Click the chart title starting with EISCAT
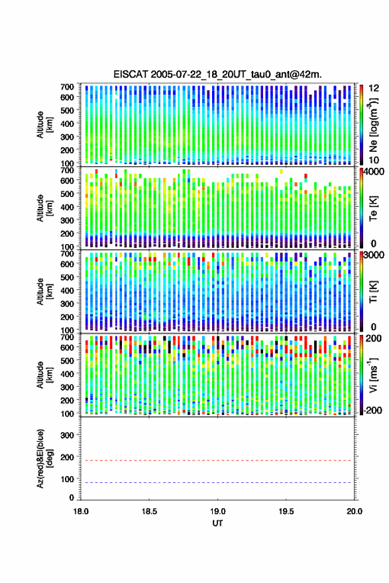click(x=217, y=74)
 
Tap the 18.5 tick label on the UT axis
click(x=149, y=511)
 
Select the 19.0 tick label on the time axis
click(x=218, y=511)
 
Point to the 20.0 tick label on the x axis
click(x=355, y=511)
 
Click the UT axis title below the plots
click(x=218, y=523)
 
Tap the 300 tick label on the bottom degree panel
click(x=67, y=435)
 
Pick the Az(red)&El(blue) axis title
click(x=44, y=458)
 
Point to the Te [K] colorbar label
click(x=373, y=208)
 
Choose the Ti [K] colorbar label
click(x=373, y=292)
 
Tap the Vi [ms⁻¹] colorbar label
click(x=373, y=375)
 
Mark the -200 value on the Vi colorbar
click(x=372, y=410)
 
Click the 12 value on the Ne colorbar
click(x=374, y=88)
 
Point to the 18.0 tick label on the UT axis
click(x=81, y=511)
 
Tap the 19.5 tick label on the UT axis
click(x=286, y=511)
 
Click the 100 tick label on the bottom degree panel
click(x=67, y=480)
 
